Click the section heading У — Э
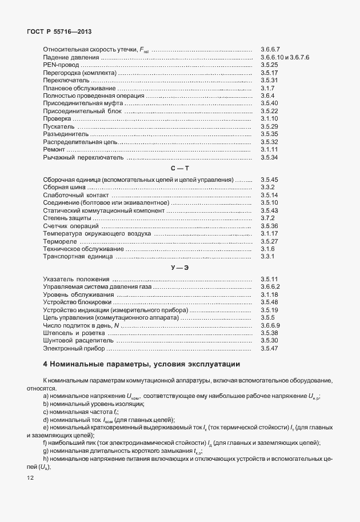(x=179, y=268)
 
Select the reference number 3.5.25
(x=269, y=65)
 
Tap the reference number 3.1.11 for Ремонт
(x=269, y=149)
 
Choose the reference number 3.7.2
(x=267, y=218)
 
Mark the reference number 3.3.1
(x=267, y=257)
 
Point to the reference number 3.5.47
(x=269, y=348)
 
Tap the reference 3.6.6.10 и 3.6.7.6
(x=284, y=58)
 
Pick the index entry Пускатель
(x=59, y=126)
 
